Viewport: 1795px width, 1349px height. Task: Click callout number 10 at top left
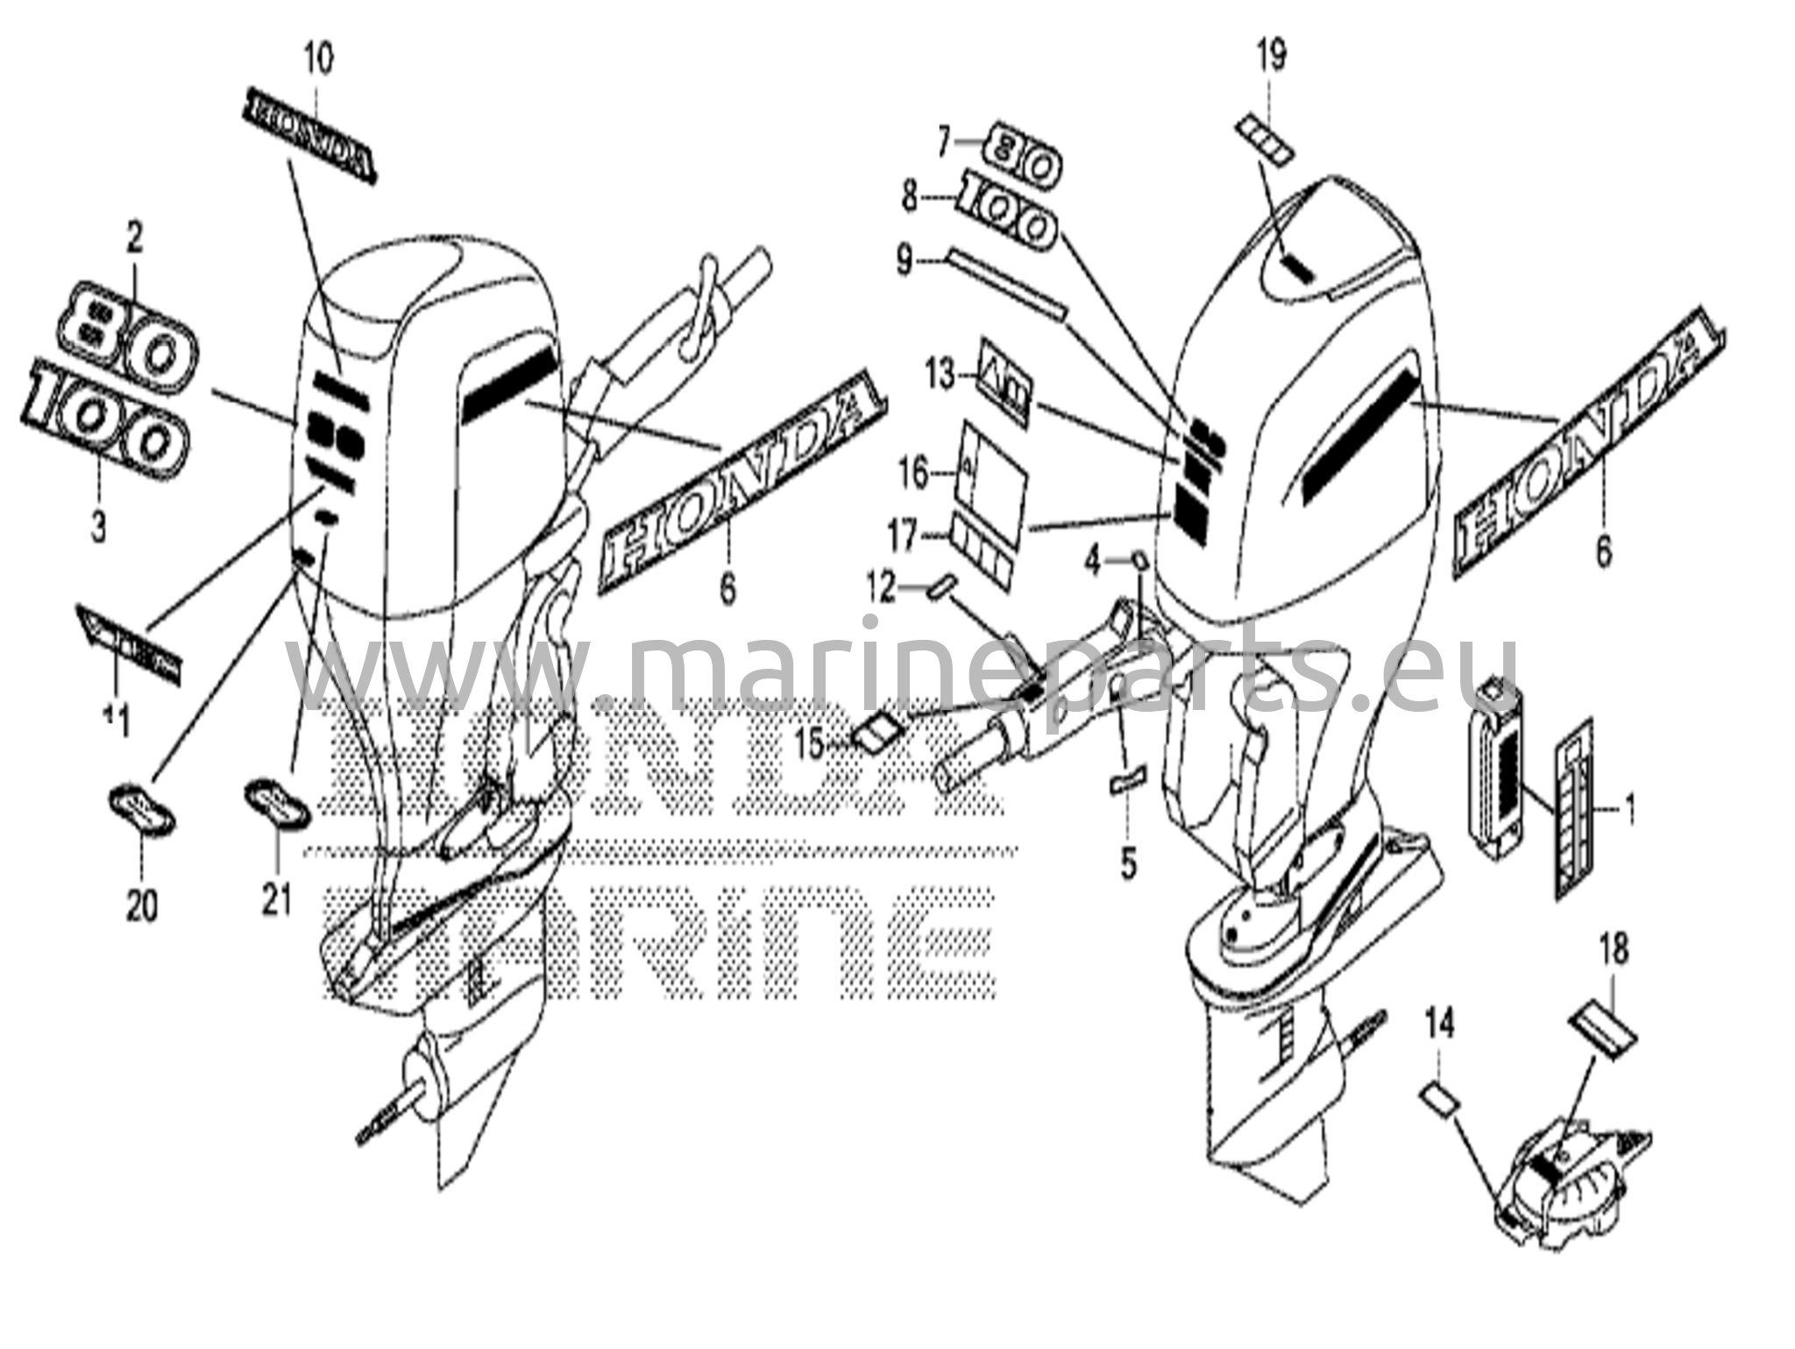318,60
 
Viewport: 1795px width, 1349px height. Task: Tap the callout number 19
1272,57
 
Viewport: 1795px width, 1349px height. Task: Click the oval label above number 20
142,804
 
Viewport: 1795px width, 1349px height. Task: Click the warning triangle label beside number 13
1004,382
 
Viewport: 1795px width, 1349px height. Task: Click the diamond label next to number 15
876,728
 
